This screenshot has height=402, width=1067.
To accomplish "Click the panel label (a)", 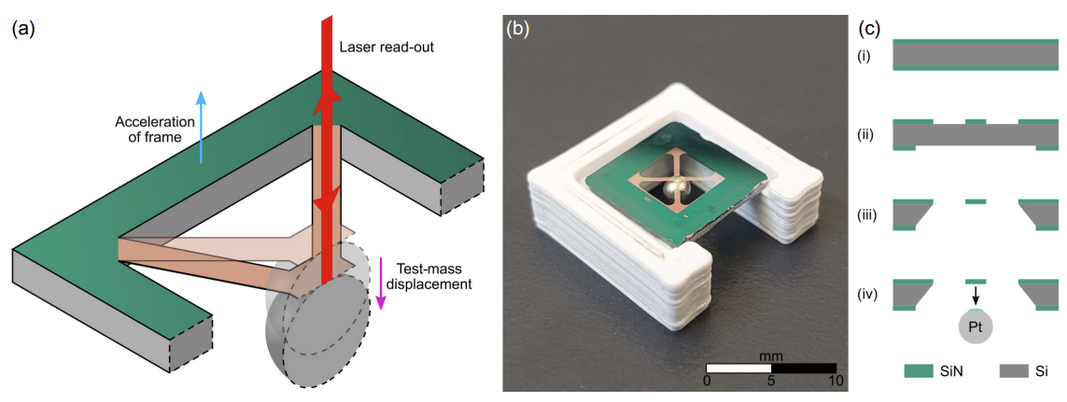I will click(x=22, y=28).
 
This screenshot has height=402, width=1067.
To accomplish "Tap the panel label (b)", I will click(x=518, y=28).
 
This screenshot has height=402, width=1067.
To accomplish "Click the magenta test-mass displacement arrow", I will click(x=382, y=284).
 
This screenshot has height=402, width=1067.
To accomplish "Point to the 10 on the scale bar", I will click(x=835, y=381).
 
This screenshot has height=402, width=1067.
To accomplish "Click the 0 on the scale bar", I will click(x=708, y=381).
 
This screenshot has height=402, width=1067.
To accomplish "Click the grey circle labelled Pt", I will click(x=976, y=328).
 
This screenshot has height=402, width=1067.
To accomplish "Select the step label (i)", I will click(x=864, y=57).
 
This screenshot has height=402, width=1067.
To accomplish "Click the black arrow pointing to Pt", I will click(x=976, y=296).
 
